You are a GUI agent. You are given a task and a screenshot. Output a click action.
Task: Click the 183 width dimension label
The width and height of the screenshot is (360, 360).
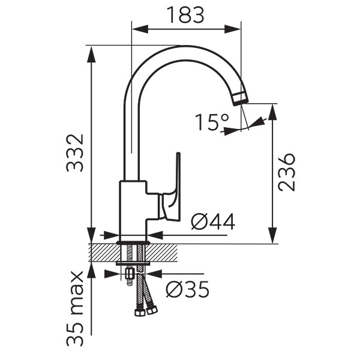pos(185,14)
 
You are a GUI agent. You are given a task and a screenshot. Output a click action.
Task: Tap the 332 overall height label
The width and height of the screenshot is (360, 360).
pos(74,153)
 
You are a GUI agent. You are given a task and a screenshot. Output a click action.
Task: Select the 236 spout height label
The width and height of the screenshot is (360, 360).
pos(286,172)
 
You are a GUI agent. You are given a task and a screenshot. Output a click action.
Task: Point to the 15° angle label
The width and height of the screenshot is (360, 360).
pos(212,122)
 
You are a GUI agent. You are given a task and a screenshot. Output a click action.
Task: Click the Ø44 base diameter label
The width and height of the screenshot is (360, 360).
pos(213,221)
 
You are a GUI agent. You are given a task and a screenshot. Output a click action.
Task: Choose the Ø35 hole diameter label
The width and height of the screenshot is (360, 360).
pos(188,289)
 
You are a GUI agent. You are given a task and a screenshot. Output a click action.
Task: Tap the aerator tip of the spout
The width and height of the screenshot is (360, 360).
pos(241,98)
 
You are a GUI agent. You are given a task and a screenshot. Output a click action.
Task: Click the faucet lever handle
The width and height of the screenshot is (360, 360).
pos(171,191)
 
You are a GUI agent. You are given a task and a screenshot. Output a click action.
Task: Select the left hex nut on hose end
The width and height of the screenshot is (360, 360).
pos(140,313)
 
